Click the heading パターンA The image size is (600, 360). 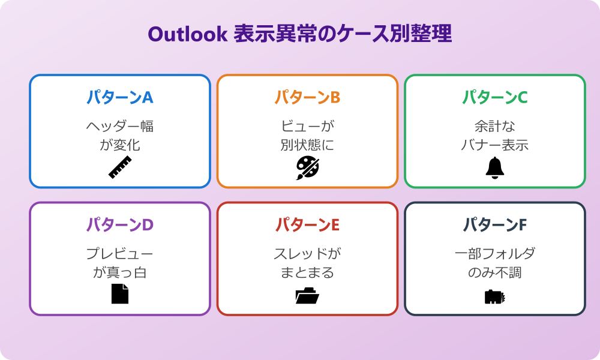pyautogui.click(x=120, y=97)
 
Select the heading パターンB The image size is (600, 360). pyautogui.click(x=307, y=97)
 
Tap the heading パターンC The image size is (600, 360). pyautogui.click(x=494, y=97)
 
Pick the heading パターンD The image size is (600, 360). pyautogui.click(x=120, y=224)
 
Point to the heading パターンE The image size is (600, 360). pyautogui.click(x=307, y=224)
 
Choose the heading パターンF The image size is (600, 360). pyautogui.click(x=494, y=224)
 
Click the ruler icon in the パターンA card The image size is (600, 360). pyautogui.click(x=120, y=167)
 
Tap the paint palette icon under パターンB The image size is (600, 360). pyautogui.click(x=307, y=168)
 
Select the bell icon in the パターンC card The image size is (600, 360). pyautogui.click(x=494, y=168)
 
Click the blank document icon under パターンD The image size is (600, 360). pyautogui.click(x=120, y=294)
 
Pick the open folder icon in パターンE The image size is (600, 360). pyautogui.click(x=307, y=295)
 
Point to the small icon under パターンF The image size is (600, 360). pyautogui.click(x=494, y=296)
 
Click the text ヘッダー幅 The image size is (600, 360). pyautogui.click(x=120, y=127)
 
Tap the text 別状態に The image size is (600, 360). pyautogui.click(x=307, y=145)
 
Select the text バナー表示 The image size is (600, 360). pyautogui.click(x=494, y=145)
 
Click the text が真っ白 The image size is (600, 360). pyautogui.click(x=120, y=272)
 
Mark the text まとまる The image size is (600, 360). pyautogui.click(x=307, y=272)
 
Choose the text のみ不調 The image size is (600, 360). pyautogui.click(x=494, y=272)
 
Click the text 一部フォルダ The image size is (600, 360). pyautogui.click(x=494, y=254)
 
